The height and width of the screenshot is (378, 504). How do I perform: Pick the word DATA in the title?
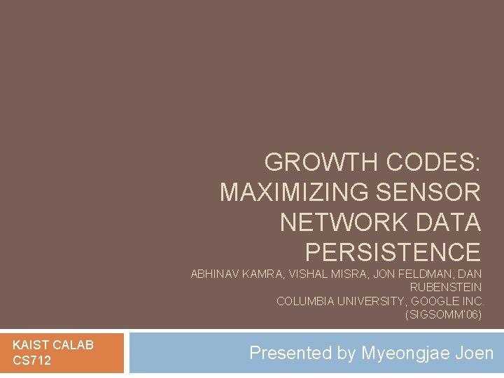coord(451,222)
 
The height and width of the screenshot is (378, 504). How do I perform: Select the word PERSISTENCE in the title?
coord(393,251)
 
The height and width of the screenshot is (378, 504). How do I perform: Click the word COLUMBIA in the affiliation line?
coord(304,302)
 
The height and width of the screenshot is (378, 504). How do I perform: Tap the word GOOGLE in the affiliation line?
coord(435,302)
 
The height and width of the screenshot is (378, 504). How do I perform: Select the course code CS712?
coord(31,360)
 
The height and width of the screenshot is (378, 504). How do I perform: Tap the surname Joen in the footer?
coord(477,353)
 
